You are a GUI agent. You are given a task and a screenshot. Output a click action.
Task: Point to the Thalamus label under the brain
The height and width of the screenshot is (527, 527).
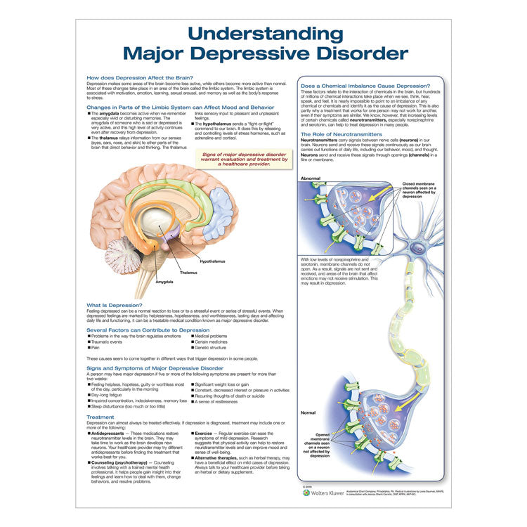click(188, 272)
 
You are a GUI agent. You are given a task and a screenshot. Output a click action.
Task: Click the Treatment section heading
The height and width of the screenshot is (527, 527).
click(100, 417)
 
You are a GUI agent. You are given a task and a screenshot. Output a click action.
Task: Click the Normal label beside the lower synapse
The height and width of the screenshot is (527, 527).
click(308, 412)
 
